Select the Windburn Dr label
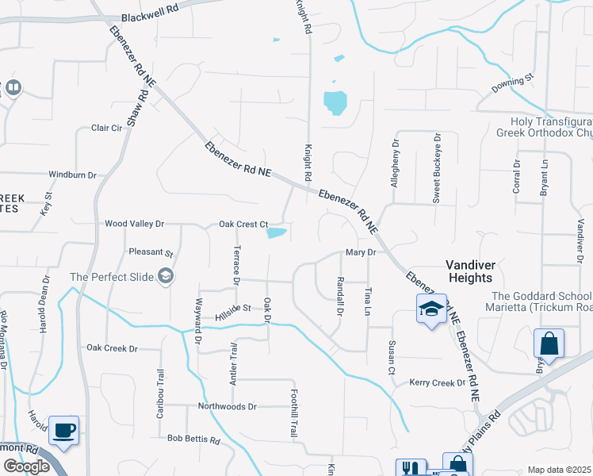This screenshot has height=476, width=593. click(x=72, y=175)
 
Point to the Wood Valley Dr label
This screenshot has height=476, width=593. click(x=134, y=225)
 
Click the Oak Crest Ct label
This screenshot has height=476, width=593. click(x=243, y=225)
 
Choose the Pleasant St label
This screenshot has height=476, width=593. click(x=151, y=253)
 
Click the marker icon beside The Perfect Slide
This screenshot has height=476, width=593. click(x=166, y=276)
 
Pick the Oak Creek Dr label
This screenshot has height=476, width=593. click(x=112, y=348)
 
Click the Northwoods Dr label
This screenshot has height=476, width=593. click(x=231, y=407)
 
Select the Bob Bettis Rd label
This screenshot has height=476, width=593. click(x=193, y=438)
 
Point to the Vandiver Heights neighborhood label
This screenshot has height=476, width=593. click(x=480, y=271)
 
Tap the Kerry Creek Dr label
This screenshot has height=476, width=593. click(x=438, y=383)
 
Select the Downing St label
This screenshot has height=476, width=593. click(x=513, y=83)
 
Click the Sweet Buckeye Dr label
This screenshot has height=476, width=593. click(x=436, y=169)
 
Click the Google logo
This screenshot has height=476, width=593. click(x=26, y=466)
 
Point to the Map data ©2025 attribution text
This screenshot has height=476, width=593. click(x=559, y=470)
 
